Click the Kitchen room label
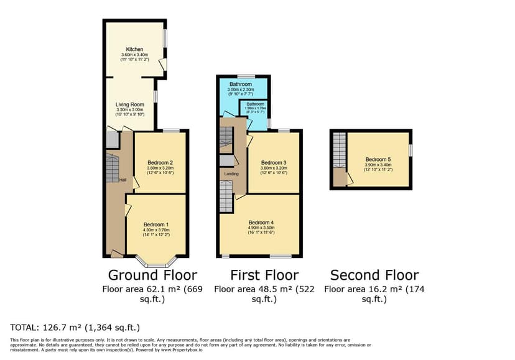pyautogui.click(x=135, y=49)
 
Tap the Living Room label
pyautogui.click(x=130, y=104)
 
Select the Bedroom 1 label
pyautogui.click(x=156, y=224)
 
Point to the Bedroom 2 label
pyautogui.click(x=160, y=162)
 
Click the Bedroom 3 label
pyautogui.click(x=274, y=162)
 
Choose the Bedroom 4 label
pyautogui.click(x=261, y=223)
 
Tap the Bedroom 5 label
pyautogui.click(x=378, y=159)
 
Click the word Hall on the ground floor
pyautogui.click(x=124, y=180)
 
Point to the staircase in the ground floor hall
pyautogui.click(x=111, y=168)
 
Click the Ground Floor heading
pyautogui.click(x=152, y=275)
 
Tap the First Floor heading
pyautogui.click(x=264, y=275)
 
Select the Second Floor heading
pyautogui.click(x=374, y=275)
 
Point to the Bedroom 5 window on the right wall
pyautogui.click(x=411, y=150)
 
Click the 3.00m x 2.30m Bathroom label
pyautogui.click(x=240, y=90)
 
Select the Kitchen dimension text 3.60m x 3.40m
pyautogui.click(x=135, y=55)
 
